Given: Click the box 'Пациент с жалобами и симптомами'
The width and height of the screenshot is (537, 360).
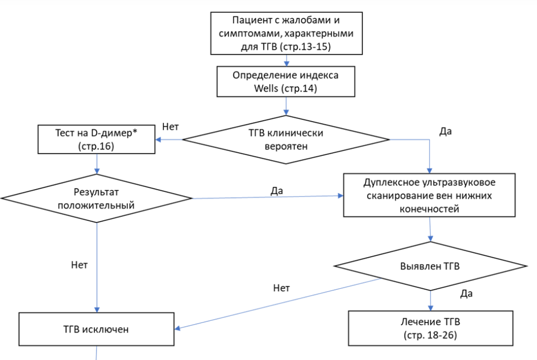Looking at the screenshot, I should tap(286, 33).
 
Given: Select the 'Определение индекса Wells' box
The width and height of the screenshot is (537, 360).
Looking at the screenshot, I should tap(286, 81).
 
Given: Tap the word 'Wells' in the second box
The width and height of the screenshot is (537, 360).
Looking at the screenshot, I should tap(266, 88).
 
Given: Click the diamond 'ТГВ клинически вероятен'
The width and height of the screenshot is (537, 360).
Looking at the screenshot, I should tap(286, 139).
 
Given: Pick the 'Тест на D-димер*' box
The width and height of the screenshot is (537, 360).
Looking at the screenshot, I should tap(96, 139).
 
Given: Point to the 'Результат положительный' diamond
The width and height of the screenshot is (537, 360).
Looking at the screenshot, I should tap(97, 198).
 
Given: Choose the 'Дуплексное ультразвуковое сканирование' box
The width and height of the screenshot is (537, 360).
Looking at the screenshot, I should tap(429, 195).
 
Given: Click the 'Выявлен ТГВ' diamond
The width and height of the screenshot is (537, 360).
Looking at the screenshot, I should tap(430, 266).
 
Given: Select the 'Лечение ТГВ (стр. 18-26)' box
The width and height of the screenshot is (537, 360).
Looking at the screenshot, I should tap(430, 328).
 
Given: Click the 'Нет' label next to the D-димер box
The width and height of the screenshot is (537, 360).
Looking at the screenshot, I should tap(170, 126).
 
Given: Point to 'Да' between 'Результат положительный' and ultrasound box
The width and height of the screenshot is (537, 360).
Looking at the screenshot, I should tap(277, 190).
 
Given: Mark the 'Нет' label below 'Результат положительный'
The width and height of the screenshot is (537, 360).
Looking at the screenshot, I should tap(79, 264).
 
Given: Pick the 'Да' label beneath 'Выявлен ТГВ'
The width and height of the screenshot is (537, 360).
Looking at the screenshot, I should tap(466, 293).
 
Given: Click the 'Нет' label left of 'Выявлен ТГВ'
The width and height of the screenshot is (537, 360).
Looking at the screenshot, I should tap(281, 288).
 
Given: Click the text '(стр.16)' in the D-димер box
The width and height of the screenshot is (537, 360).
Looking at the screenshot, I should tap(96, 146).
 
